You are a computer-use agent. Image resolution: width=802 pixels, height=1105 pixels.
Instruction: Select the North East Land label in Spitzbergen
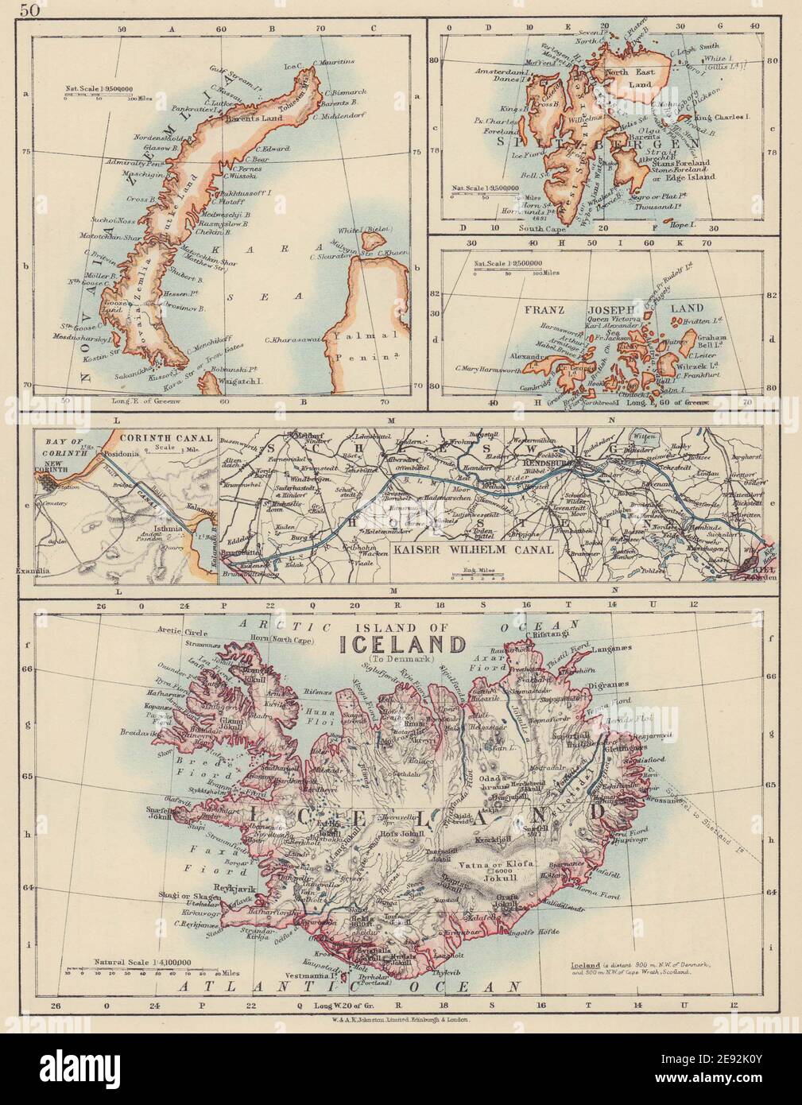click(630, 78)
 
